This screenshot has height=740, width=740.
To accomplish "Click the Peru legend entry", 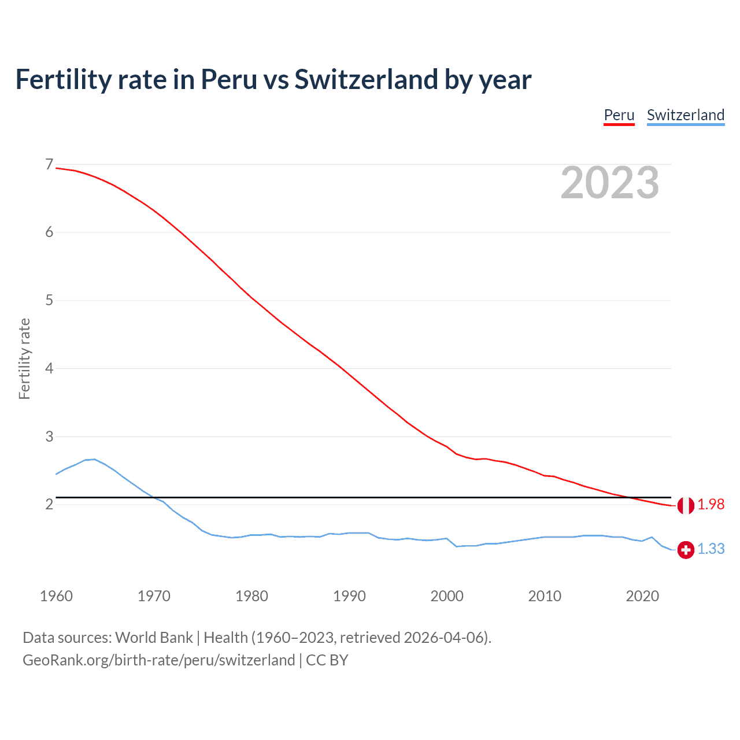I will pyautogui.click(x=619, y=115).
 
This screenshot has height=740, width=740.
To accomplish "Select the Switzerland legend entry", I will pyautogui.click(x=685, y=115).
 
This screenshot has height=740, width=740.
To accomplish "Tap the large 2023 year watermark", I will pyautogui.click(x=609, y=183).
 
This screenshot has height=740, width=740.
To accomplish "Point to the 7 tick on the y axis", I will pyautogui.click(x=49, y=165).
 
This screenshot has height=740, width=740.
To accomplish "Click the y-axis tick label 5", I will pyautogui.click(x=49, y=301).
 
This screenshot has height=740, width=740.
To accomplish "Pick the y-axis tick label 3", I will pyautogui.click(x=49, y=436).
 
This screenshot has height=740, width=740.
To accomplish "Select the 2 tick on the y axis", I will pyautogui.click(x=49, y=505).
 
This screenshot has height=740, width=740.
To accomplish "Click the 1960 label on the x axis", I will pyautogui.click(x=56, y=596).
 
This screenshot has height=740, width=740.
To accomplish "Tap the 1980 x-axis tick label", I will pyautogui.click(x=251, y=596).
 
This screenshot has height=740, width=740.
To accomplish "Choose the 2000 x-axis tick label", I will pyautogui.click(x=447, y=596).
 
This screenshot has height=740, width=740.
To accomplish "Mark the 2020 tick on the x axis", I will pyautogui.click(x=642, y=596).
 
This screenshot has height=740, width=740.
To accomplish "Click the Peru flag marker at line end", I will pyautogui.click(x=686, y=505).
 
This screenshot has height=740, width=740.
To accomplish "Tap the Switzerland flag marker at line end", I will pyautogui.click(x=686, y=550).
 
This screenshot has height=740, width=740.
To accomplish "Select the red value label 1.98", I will pyautogui.click(x=711, y=505).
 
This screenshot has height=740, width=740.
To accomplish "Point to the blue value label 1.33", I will pyautogui.click(x=711, y=549).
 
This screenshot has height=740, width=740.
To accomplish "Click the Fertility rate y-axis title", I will pyautogui.click(x=24, y=358).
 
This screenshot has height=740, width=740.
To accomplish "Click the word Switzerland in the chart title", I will pyautogui.click(x=365, y=79).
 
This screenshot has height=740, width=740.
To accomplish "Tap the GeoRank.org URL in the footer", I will pyautogui.click(x=159, y=660).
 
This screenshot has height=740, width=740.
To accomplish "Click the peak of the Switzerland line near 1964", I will pyautogui.click(x=94, y=459).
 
